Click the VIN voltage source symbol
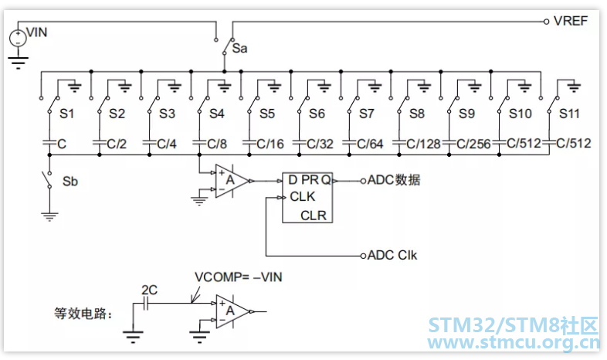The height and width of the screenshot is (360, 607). (x=18, y=38)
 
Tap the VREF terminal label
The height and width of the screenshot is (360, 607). (x=571, y=21)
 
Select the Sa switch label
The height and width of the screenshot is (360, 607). (x=239, y=49)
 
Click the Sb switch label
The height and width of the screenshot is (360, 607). (x=70, y=182)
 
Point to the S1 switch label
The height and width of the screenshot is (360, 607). (x=66, y=114)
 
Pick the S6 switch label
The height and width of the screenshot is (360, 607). (x=317, y=114)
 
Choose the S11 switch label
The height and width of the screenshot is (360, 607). (x=569, y=114)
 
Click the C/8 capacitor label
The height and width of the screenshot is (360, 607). (x=217, y=144)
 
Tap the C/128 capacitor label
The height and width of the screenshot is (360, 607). (x=423, y=144)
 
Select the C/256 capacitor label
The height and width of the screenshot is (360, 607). (x=473, y=144)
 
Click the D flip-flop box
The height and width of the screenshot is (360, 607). (x=307, y=198)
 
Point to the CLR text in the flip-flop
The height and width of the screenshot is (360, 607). (x=314, y=216)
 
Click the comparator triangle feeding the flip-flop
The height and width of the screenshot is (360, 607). (x=232, y=181)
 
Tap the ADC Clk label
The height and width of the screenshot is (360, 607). (x=392, y=255)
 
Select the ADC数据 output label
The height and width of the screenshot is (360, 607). (x=394, y=180)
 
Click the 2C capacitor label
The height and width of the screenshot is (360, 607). (x=149, y=290)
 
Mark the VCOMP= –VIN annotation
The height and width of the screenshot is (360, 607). (x=239, y=277)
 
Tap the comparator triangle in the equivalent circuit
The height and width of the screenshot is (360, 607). (x=232, y=311)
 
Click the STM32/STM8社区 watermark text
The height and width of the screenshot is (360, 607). (x=514, y=325)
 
